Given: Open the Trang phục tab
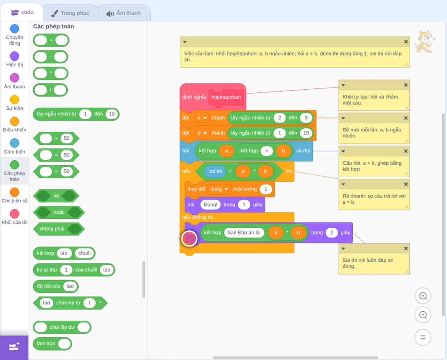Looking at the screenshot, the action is [71, 13].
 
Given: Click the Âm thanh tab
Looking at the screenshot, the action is [124, 13].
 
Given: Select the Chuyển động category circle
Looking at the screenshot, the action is [15, 29].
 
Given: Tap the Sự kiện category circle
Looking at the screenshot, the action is [15, 100].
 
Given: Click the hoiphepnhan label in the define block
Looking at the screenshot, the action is [226, 97].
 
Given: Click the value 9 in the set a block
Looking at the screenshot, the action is [306, 117].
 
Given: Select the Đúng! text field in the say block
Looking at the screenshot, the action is [211, 205].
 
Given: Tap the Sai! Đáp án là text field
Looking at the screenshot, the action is [244, 232].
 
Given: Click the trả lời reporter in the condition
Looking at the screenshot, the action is [215, 171].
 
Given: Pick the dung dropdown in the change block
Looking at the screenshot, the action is [219, 189].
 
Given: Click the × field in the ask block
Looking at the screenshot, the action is [266, 151].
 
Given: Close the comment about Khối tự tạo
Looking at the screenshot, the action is [406, 85].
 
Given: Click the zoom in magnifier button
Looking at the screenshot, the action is [423, 296].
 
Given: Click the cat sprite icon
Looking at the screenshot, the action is [425, 42].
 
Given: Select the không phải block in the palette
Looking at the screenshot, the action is [59, 229].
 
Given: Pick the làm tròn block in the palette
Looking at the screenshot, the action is [52, 343].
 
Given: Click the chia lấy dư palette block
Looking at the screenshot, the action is [62, 327].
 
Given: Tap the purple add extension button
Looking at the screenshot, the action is [14, 347].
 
